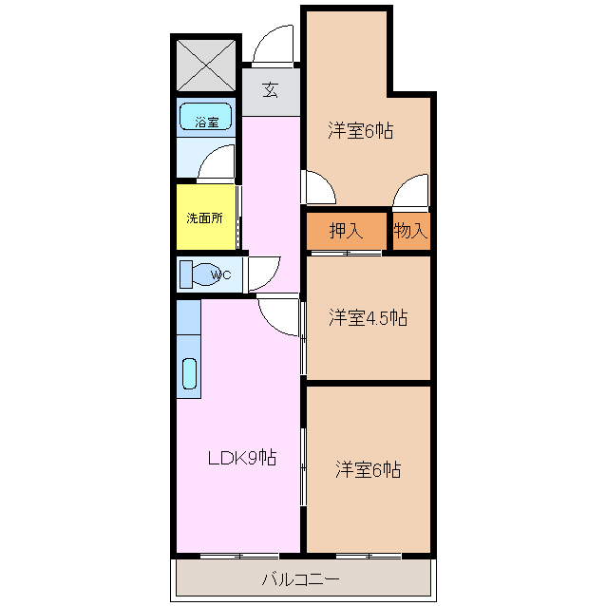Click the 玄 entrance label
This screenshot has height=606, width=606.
(271, 90)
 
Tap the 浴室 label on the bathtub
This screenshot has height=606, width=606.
(207, 123)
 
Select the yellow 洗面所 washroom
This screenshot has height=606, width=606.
(206, 218)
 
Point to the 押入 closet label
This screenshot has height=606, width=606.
(347, 231)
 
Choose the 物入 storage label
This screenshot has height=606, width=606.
(411, 231)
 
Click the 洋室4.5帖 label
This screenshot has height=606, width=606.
(368, 317)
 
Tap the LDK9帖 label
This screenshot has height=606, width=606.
(242, 458)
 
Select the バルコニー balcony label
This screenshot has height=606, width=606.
(301, 579)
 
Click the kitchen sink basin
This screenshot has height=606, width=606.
(189, 373)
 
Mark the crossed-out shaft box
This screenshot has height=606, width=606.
(206, 66)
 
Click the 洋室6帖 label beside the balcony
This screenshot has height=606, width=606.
(368, 469)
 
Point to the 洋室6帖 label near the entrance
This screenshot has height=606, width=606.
(361, 130)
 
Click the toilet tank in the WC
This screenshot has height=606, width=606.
(186, 275)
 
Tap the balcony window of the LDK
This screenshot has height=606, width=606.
(239, 557)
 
